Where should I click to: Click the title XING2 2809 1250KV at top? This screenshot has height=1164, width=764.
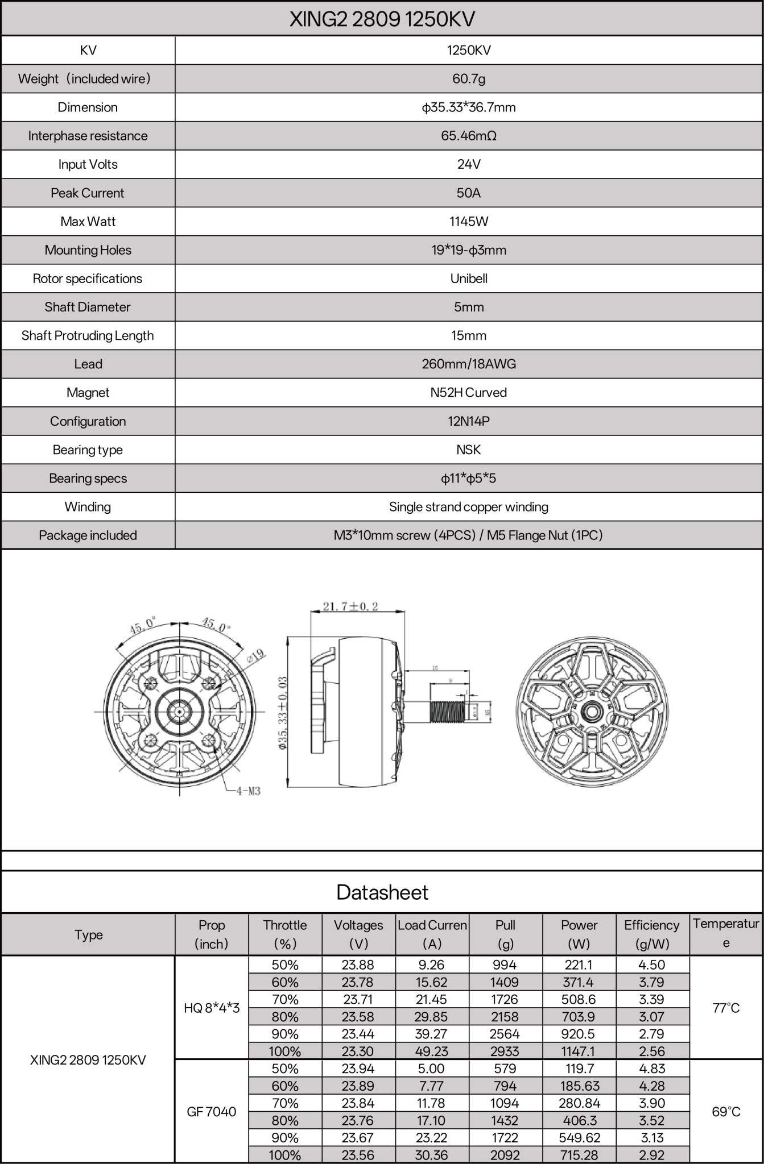pyautogui.click(x=382, y=19)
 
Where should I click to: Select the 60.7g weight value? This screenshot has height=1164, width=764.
pyautogui.click(x=468, y=78)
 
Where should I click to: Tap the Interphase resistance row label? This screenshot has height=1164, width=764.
pyautogui.click(x=88, y=136)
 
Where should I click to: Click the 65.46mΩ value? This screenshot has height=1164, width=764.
pyautogui.click(x=468, y=136)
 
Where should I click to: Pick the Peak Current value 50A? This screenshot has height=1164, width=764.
pyautogui.click(x=468, y=193)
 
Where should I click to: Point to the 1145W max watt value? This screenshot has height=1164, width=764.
pyautogui.click(x=468, y=221)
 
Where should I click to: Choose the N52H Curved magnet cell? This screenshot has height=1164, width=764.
pyautogui.click(x=468, y=392)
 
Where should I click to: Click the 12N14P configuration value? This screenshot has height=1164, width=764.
pyautogui.click(x=468, y=421)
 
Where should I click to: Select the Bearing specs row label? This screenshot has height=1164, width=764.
pyautogui.click(x=88, y=478)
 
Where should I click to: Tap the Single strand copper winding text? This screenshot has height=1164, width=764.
pyautogui.click(x=468, y=506)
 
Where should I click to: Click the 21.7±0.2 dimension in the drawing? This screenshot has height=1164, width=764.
pyautogui.click(x=350, y=606)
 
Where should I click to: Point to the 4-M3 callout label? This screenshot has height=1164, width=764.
pyautogui.click(x=248, y=791)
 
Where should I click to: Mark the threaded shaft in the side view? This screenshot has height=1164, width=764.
pyautogui.click(x=448, y=711)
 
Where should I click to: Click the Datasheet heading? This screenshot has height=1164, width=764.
pyautogui.click(x=382, y=892)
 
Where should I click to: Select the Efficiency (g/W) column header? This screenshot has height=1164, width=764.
pyautogui.click(x=652, y=934)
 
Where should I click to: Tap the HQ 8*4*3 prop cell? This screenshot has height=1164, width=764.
pyautogui.click(x=212, y=1008)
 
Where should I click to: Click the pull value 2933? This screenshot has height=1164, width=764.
pyautogui.click(x=505, y=1051)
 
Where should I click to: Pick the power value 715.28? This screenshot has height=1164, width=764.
pyautogui.click(x=579, y=1155)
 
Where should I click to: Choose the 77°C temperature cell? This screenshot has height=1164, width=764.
pyautogui.click(x=726, y=1008)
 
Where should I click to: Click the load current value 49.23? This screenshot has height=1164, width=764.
pyautogui.click(x=432, y=1051)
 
